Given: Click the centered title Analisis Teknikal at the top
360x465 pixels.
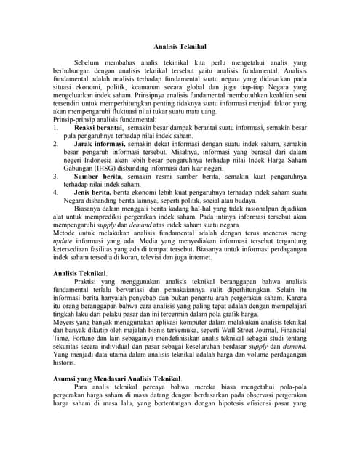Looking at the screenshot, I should click(180, 46).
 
